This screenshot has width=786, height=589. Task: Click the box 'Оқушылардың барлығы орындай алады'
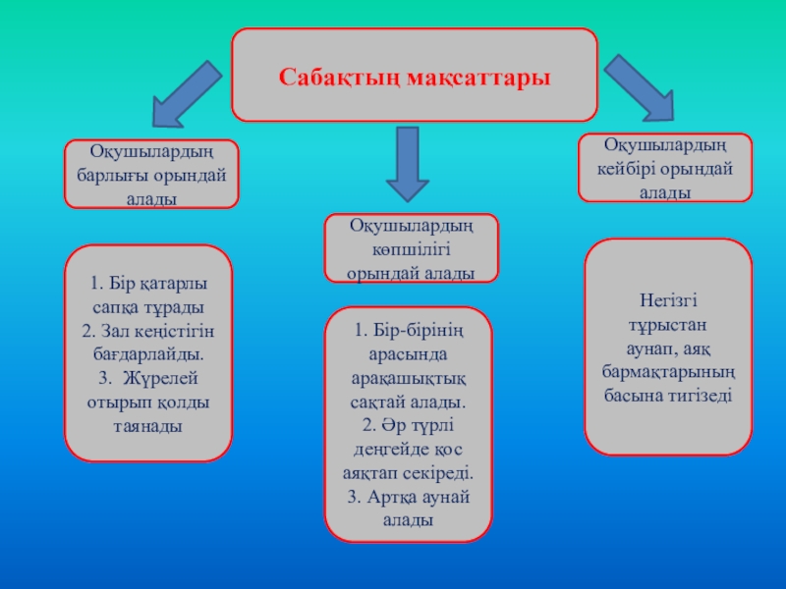point(151,174)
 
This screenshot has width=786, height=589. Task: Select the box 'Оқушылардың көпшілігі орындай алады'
point(411,248)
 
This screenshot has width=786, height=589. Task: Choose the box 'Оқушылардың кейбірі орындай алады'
point(664,168)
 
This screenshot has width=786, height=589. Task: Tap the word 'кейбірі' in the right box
point(631,168)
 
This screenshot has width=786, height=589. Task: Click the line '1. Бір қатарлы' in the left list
point(148,284)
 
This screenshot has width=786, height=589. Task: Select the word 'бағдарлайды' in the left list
point(147,353)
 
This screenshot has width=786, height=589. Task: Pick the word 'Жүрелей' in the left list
point(161,378)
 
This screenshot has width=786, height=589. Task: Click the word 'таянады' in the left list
point(148,426)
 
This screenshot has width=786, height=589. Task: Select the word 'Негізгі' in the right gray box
point(667,300)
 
